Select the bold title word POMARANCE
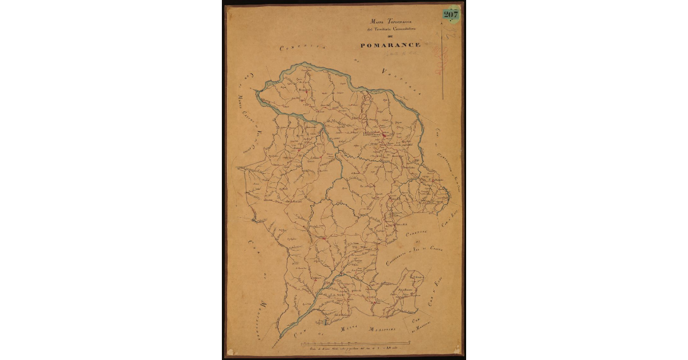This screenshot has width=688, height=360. point(390,45)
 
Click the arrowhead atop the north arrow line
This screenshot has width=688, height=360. point(442,29)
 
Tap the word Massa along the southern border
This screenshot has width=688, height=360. point(349,328)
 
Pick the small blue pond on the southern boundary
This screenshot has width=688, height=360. point(325,326)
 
